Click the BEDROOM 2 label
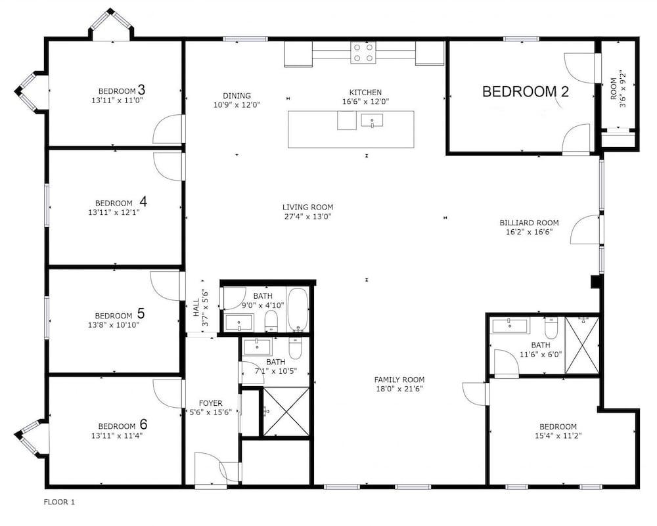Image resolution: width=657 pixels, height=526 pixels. pos(526,91)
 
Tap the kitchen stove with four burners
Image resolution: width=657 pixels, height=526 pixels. pos(363,53)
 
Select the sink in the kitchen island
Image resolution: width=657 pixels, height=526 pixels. pos(372,121)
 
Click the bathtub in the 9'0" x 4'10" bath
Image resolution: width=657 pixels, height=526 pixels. pos(298,309)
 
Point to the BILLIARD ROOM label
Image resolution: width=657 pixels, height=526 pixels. pos(529,223)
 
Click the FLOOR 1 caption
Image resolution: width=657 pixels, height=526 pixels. pos(59,502)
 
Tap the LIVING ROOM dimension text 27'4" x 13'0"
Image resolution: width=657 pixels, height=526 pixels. pos(307,217)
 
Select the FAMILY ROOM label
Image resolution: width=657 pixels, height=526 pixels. pos(399,380)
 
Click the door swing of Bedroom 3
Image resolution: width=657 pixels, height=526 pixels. pos(168,129)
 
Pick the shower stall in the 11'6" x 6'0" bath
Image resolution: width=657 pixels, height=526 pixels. pos(582,345)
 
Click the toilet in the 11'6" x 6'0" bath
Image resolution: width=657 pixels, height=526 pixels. pos(551,328)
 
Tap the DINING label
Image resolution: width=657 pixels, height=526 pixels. pos(237,95)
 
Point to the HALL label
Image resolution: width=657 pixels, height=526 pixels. pos(196,308)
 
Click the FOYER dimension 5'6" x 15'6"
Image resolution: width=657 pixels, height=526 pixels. pos(209,412)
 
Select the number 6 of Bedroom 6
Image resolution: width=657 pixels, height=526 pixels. pos(143,424)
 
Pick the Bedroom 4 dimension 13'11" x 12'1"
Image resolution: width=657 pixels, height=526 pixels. pos(114,212)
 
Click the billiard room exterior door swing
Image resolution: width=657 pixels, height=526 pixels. pos(585,229)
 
